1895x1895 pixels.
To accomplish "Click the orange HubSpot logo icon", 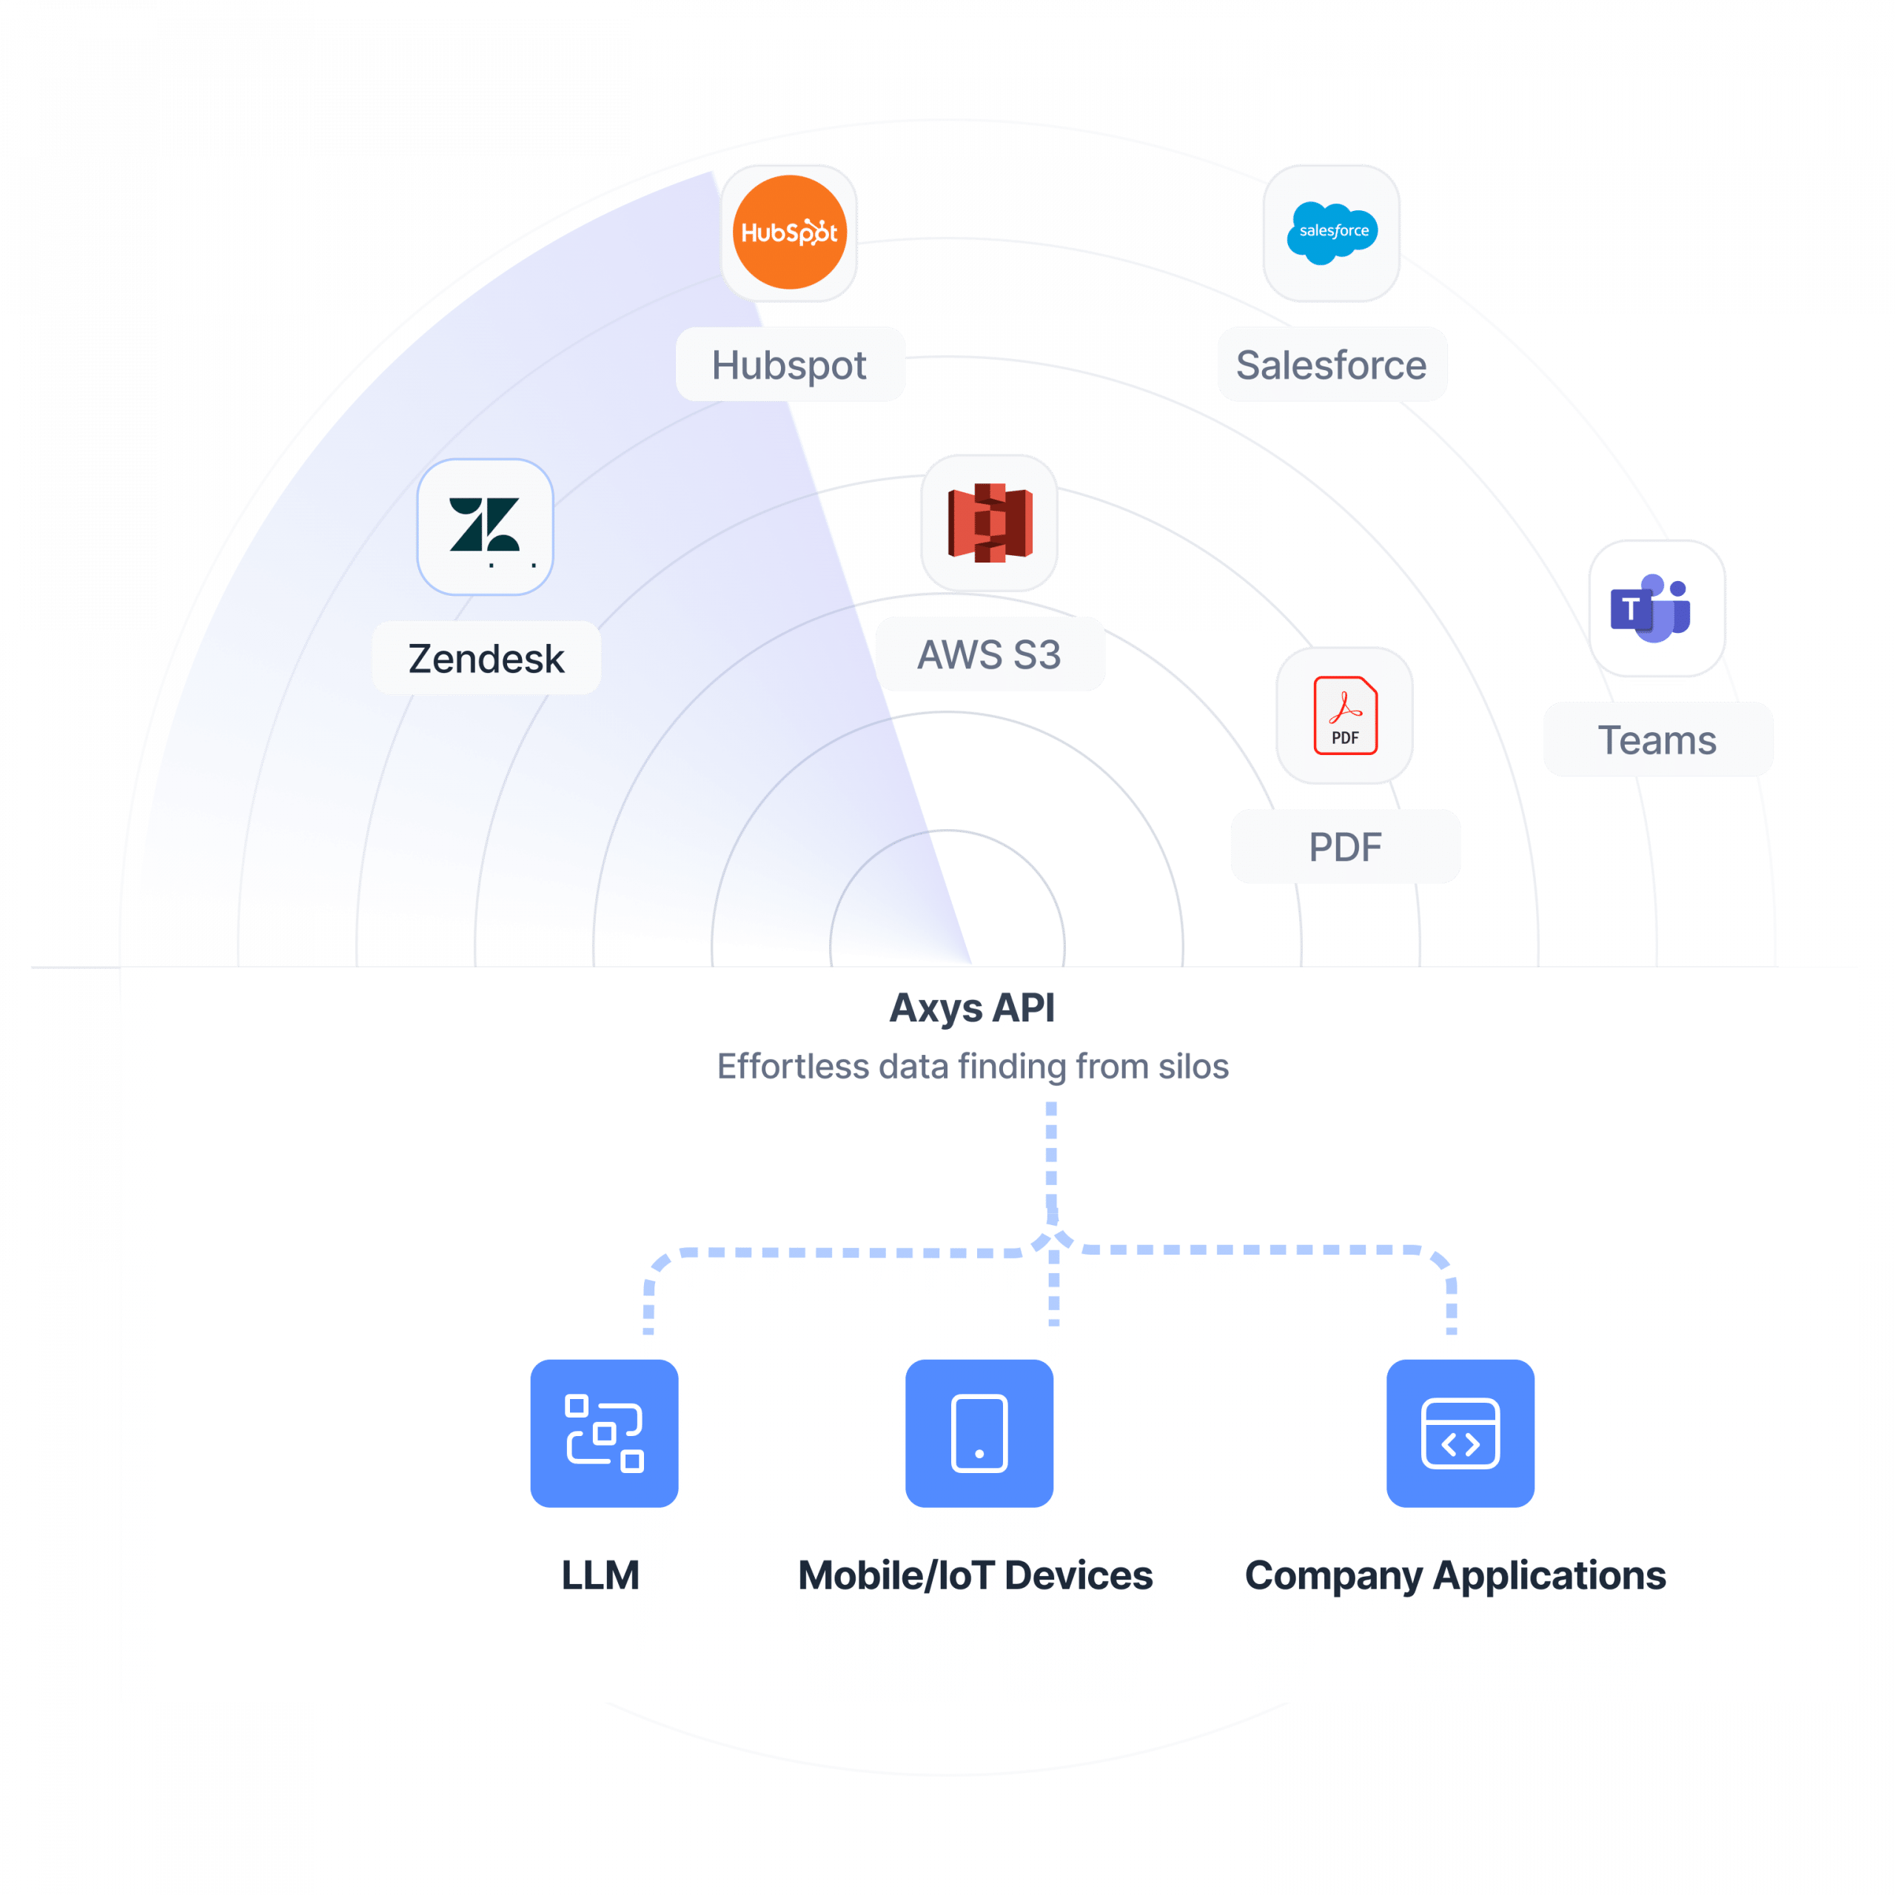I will pyautogui.click(x=788, y=232).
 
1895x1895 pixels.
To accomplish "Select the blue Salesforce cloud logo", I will pyautogui.click(x=1332, y=232).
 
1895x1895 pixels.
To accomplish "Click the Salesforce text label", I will pyautogui.click(x=1331, y=365).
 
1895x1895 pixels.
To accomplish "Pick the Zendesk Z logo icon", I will pyautogui.click(x=485, y=527).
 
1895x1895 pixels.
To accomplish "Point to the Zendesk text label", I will pyautogui.click(x=486, y=658).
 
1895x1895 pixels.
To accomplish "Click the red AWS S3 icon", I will pyautogui.click(x=989, y=523).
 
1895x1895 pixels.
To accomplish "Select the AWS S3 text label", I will pyautogui.click(x=989, y=654).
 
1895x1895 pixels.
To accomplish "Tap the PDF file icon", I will pyautogui.click(x=1345, y=715).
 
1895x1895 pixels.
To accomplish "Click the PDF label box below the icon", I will pyautogui.click(x=1345, y=847).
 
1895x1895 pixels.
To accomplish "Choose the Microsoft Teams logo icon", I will pyautogui.click(x=1656, y=608).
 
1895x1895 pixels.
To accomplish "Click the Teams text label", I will pyautogui.click(x=1657, y=739).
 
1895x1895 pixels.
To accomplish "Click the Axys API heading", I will pyautogui.click(x=971, y=1007).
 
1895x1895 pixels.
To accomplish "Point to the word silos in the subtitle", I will pyautogui.click(x=1192, y=1066).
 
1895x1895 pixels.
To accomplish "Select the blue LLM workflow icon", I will pyautogui.click(x=604, y=1433).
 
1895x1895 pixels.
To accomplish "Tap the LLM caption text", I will pyautogui.click(x=600, y=1575).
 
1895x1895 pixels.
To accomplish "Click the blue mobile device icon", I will pyautogui.click(x=979, y=1433).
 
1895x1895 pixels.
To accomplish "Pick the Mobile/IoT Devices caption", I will pyautogui.click(x=975, y=1575).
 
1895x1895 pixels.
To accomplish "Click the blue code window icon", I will pyautogui.click(x=1460, y=1433).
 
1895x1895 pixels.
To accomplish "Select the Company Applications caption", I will pyautogui.click(x=1455, y=1575).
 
